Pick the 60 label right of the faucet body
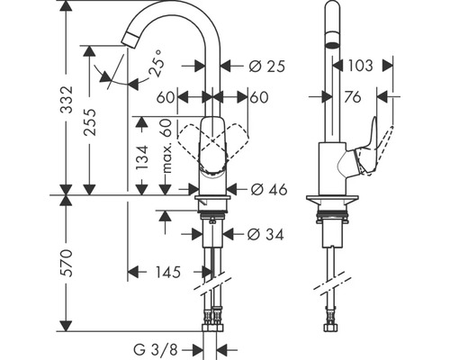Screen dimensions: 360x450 tap(259, 96)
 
